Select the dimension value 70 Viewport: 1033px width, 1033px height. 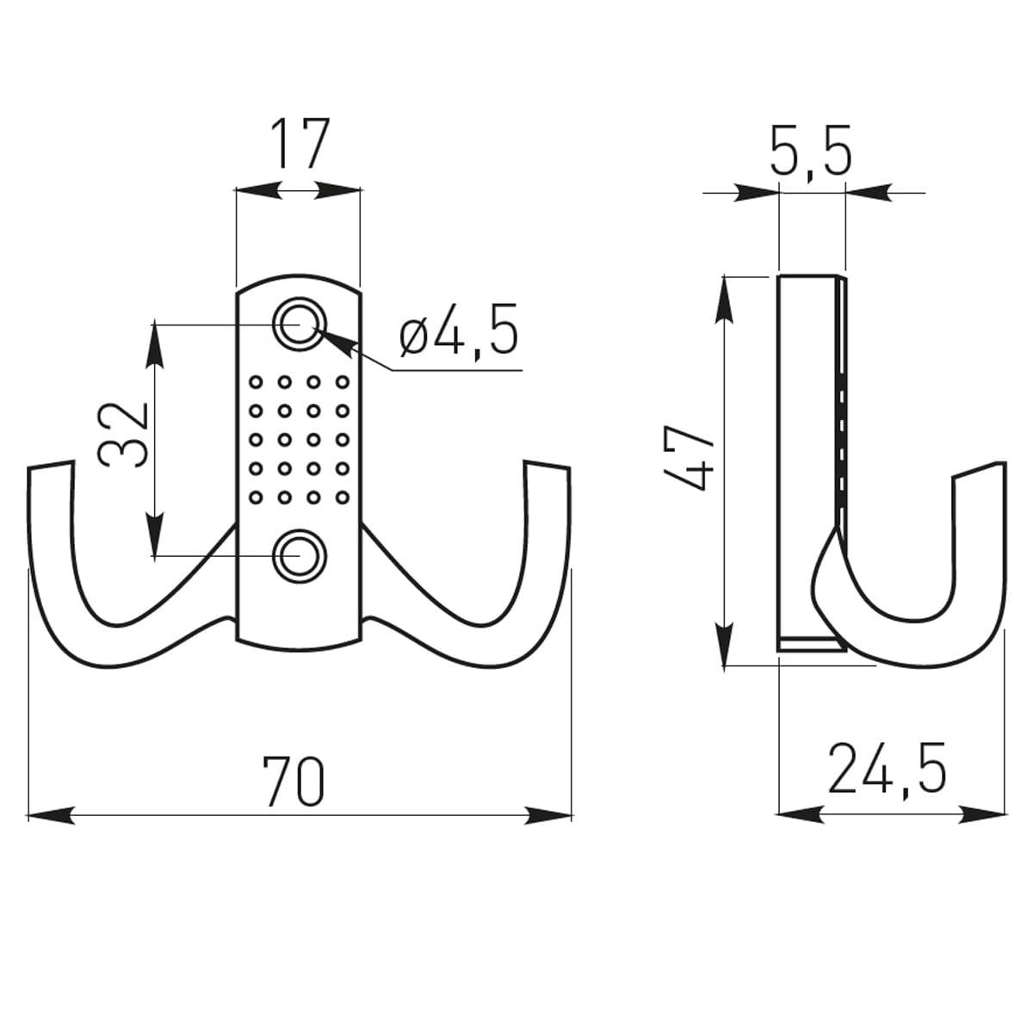tap(294, 781)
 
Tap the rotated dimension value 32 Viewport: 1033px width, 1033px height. tap(123, 436)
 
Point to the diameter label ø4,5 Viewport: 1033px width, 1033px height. tap(460, 329)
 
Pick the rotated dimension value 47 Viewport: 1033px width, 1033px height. tap(689, 457)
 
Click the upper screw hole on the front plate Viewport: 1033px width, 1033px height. tap(299, 325)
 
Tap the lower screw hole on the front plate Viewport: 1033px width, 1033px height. tap(299, 556)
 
